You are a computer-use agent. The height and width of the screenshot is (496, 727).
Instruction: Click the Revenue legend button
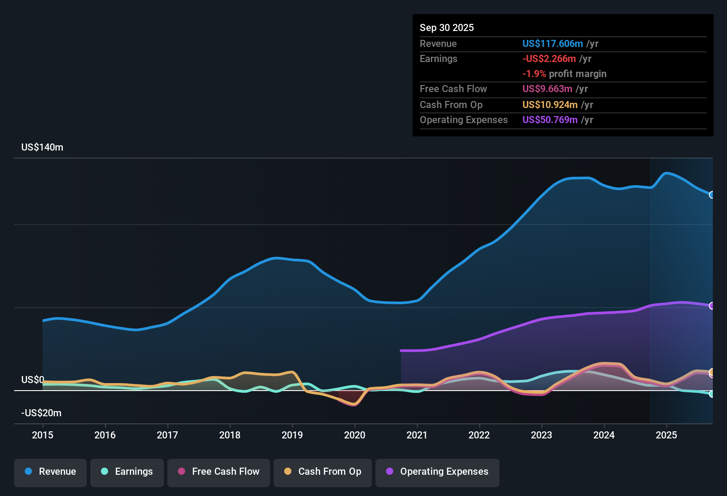tap(50, 472)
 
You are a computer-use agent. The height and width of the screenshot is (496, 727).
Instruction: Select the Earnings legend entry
tap(127, 472)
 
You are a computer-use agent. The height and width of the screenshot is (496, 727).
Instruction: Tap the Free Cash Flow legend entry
tap(219, 472)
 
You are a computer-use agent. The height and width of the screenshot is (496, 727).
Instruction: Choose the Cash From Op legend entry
tap(323, 472)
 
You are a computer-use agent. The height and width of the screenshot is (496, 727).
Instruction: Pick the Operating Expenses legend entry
tap(437, 472)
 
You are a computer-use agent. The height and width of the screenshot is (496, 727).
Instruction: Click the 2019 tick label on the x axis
tap(292, 435)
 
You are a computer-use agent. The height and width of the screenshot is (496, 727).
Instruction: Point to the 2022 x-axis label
tap(479, 435)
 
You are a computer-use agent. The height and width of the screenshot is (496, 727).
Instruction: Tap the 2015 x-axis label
tap(43, 435)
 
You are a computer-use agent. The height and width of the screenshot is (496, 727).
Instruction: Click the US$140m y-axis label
tap(42, 147)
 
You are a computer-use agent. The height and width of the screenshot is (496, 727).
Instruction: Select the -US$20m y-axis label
tap(41, 413)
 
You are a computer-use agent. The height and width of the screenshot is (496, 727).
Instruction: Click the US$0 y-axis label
tap(33, 380)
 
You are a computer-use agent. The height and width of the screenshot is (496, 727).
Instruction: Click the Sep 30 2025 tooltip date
tap(447, 28)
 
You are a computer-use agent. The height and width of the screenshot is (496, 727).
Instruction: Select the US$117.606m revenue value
tap(553, 44)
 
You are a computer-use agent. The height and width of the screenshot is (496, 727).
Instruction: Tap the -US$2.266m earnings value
tap(549, 59)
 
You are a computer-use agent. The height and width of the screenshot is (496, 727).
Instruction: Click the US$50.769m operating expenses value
tap(550, 120)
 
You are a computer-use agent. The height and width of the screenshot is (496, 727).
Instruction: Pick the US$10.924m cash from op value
tap(550, 105)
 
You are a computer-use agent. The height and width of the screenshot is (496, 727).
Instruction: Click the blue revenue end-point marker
tap(712, 195)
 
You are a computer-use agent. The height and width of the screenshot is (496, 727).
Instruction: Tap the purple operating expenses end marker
tap(712, 306)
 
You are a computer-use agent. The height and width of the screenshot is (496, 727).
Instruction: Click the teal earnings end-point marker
tap(712, 394)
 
